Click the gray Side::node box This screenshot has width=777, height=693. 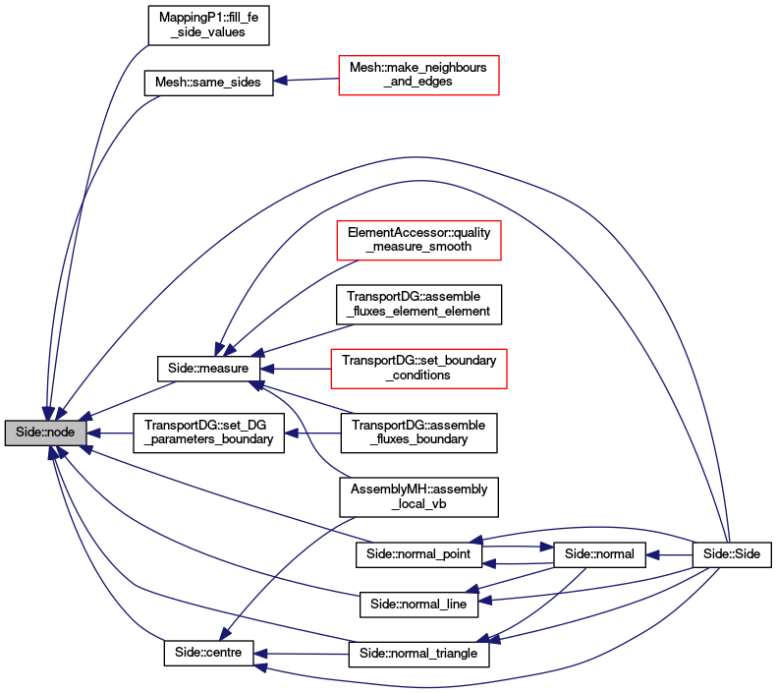45,433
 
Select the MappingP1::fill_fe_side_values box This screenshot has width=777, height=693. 208,26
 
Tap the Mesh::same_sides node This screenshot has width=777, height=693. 208,83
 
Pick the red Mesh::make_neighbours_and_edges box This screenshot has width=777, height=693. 418,76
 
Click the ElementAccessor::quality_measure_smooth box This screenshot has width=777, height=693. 418,241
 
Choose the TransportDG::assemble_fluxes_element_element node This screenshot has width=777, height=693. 418,305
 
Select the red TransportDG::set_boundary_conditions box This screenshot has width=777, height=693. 418,369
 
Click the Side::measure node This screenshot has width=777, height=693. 208,369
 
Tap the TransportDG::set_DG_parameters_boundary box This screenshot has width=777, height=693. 208,433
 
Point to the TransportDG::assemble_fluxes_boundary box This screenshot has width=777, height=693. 418,433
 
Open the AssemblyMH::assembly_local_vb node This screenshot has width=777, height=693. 418,497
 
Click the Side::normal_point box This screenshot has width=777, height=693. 418,554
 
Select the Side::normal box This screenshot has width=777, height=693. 599,554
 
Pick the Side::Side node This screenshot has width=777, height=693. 732,554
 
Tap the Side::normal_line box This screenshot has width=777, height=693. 418,605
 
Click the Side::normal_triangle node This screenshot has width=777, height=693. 418,655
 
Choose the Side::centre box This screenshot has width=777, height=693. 208,654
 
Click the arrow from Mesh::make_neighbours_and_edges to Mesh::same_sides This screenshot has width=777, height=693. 306,80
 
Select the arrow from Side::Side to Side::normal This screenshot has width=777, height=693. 669,555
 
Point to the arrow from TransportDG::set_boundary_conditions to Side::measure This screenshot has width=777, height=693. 296,369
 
